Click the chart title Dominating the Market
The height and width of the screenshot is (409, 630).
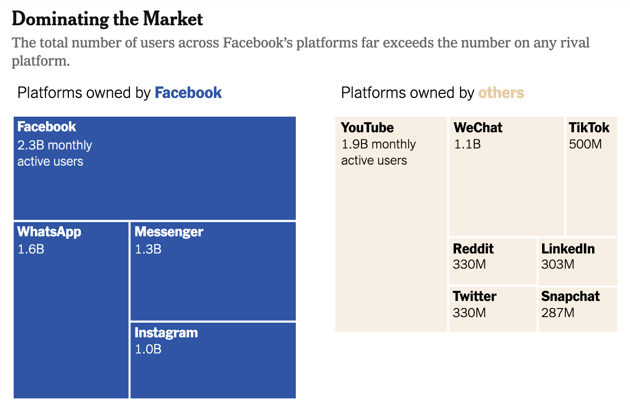107,19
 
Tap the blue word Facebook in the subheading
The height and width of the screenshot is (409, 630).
188,93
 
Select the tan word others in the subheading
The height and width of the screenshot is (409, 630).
501,93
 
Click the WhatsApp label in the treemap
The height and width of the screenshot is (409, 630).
49,232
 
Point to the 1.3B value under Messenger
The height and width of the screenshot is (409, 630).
148,249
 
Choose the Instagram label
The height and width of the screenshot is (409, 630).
166,333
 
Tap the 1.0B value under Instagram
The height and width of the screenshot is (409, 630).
148,349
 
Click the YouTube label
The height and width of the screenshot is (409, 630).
367,128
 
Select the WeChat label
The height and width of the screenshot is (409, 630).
478,128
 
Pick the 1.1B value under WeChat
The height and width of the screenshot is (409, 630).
467,144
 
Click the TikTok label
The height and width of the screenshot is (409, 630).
589,128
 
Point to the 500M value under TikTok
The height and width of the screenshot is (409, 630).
586,144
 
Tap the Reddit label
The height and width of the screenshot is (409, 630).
473,249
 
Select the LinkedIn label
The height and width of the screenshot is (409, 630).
568,249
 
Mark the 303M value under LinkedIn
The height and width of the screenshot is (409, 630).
558,265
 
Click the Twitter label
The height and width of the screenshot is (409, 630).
474,296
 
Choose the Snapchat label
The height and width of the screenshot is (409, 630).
570,296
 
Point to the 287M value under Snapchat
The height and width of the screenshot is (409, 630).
558,313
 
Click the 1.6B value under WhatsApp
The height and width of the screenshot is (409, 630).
31,249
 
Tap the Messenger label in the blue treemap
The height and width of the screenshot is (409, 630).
169,232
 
